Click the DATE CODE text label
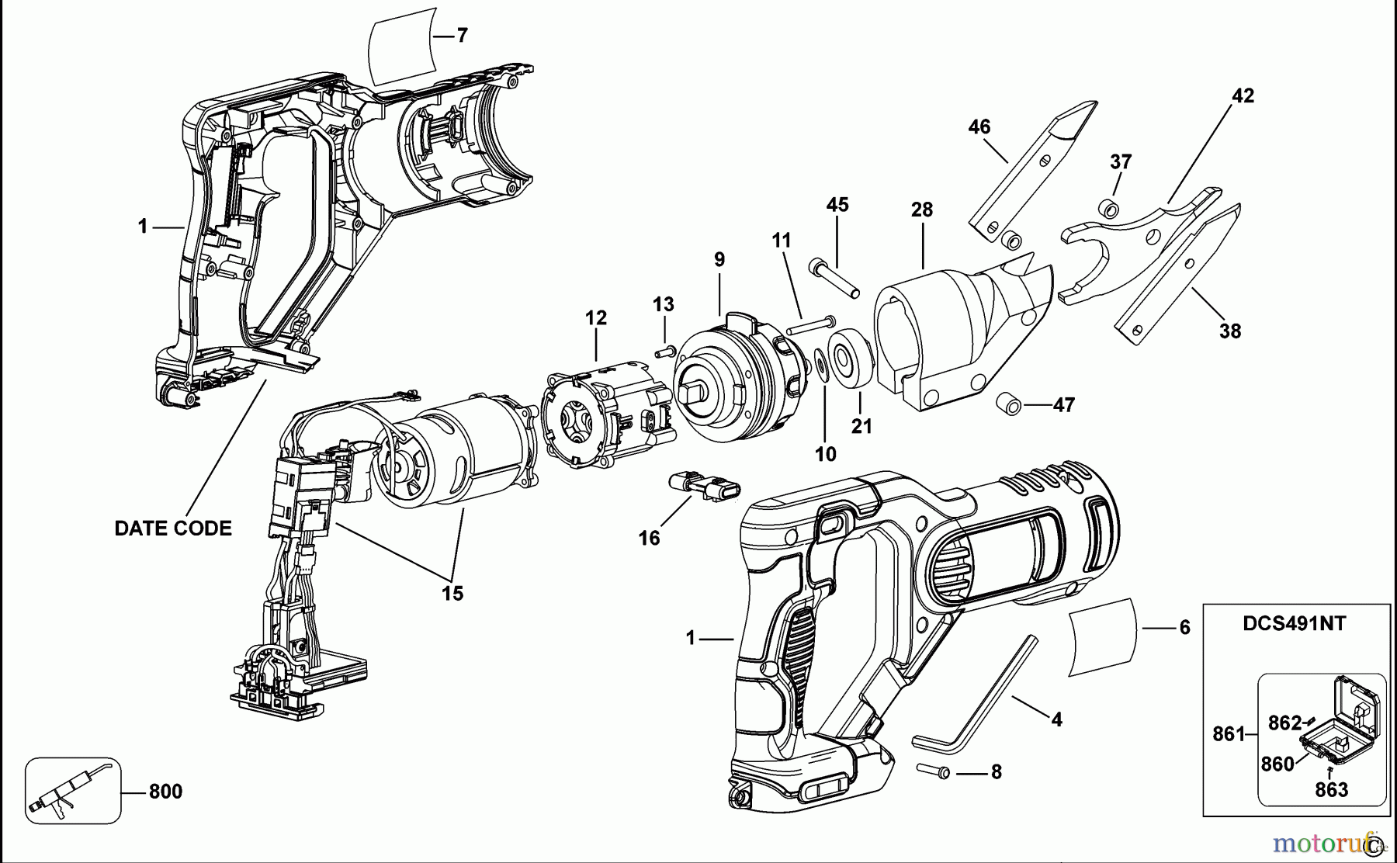173,529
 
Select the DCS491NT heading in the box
1294,623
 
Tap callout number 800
165,792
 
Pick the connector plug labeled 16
703,487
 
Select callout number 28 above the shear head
922,210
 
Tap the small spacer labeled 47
1011,405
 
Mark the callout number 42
1243,95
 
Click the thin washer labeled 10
820,365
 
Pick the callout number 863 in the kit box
1331,790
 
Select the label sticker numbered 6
1104,636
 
